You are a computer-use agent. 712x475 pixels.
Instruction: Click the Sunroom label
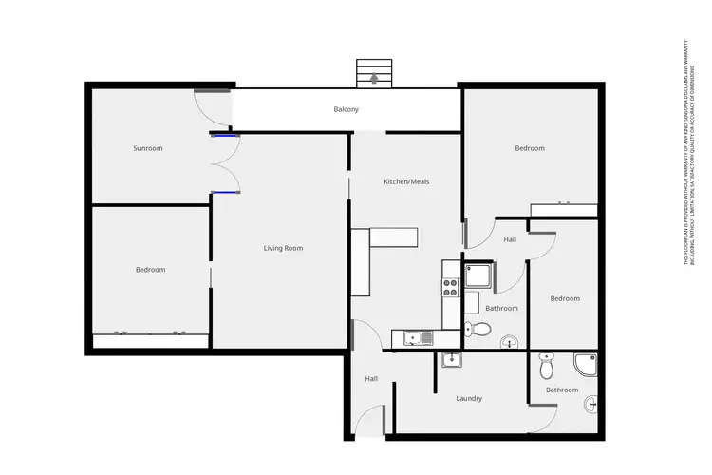tap(147, 148)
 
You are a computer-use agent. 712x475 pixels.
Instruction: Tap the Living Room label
tap(283, 248)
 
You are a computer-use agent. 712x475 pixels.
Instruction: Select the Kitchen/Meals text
tap(406, 181)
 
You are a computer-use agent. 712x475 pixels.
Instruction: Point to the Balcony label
tap(346, 110)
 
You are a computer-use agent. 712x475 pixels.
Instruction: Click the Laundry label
tap(469, 398)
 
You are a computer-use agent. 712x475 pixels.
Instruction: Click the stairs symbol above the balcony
tap(373, 72)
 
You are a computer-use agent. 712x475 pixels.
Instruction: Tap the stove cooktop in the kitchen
tap(450, 282)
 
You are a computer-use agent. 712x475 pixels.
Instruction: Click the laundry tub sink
tap(452, 359)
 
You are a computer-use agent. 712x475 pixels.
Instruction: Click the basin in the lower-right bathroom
tap(592, 404)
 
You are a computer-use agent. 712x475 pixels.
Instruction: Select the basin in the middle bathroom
tap(508, 341)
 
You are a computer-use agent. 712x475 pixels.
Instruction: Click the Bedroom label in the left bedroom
tap(150, 270)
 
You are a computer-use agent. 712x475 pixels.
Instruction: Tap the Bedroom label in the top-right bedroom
tap(530, 148)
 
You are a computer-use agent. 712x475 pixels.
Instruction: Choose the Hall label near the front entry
tap(370, 379)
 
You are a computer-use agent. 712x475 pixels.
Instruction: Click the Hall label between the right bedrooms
tap(510, 239)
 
